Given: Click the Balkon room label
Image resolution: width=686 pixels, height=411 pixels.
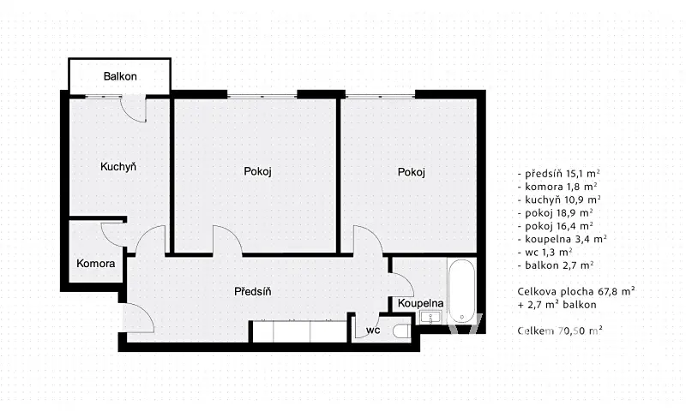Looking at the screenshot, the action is [120, 76].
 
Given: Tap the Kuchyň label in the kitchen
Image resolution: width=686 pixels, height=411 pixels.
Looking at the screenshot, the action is [118, 166].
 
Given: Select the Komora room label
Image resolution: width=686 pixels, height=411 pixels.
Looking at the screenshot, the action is [96, 264].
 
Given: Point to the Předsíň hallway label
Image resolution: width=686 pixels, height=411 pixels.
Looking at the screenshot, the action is [252, 291].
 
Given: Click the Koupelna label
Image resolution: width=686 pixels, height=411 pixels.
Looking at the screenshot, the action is [420, 303].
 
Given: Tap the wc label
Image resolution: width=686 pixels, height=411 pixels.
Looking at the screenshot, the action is [373, 331].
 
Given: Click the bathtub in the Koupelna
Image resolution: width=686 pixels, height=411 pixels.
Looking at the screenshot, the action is [461, 291].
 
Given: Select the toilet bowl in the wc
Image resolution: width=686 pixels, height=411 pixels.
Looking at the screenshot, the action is [401, 331].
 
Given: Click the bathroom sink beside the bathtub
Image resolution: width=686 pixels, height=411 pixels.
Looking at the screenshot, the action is [431, 318].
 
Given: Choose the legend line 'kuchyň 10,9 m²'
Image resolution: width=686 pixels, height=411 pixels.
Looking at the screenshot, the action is [559, 200].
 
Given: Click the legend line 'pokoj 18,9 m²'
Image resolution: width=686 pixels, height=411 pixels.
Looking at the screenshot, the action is [556, 213].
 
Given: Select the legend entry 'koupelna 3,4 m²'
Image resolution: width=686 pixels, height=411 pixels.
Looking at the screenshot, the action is [563, 239].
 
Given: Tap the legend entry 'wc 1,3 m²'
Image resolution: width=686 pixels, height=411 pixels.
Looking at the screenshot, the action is [545, 252].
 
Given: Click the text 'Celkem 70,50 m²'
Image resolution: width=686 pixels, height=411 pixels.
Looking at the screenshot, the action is [560, 331].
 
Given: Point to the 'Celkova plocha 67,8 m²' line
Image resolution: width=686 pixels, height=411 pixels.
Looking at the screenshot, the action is [576, 291].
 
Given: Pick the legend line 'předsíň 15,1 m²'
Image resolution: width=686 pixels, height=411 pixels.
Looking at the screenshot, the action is [559, 174].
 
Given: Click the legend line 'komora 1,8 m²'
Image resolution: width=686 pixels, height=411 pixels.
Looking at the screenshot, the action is [557, 187].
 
